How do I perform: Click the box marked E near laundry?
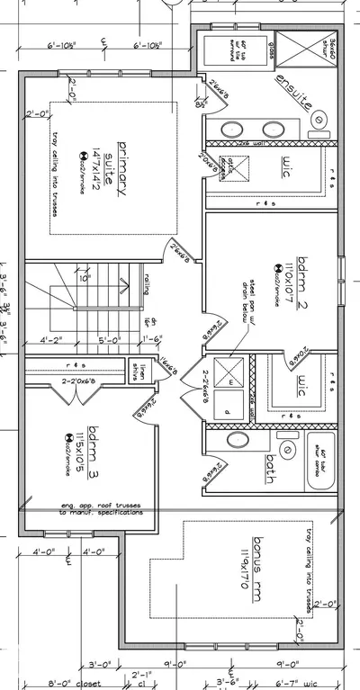pos(231,381)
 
